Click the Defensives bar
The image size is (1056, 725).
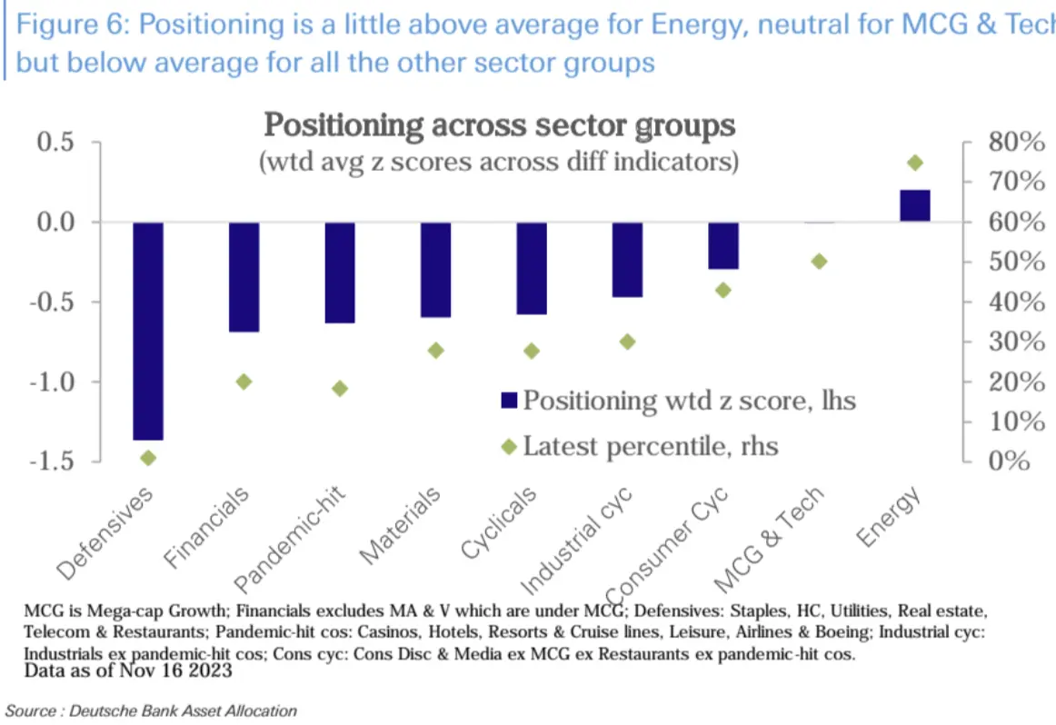(148, 331)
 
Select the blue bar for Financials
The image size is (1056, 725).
(244, 276)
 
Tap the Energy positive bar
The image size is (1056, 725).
(914, 205)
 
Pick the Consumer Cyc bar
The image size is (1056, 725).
(723, 245)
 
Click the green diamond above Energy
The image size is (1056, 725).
(915, 163)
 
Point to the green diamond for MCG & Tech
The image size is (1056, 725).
(819, 261)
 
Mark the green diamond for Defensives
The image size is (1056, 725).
(149, 458)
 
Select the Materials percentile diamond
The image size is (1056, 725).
(435, 350)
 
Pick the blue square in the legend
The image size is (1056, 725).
(509, 400)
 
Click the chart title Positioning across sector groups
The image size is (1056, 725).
(499, 124)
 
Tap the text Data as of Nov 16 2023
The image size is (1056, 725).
(128, 672)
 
